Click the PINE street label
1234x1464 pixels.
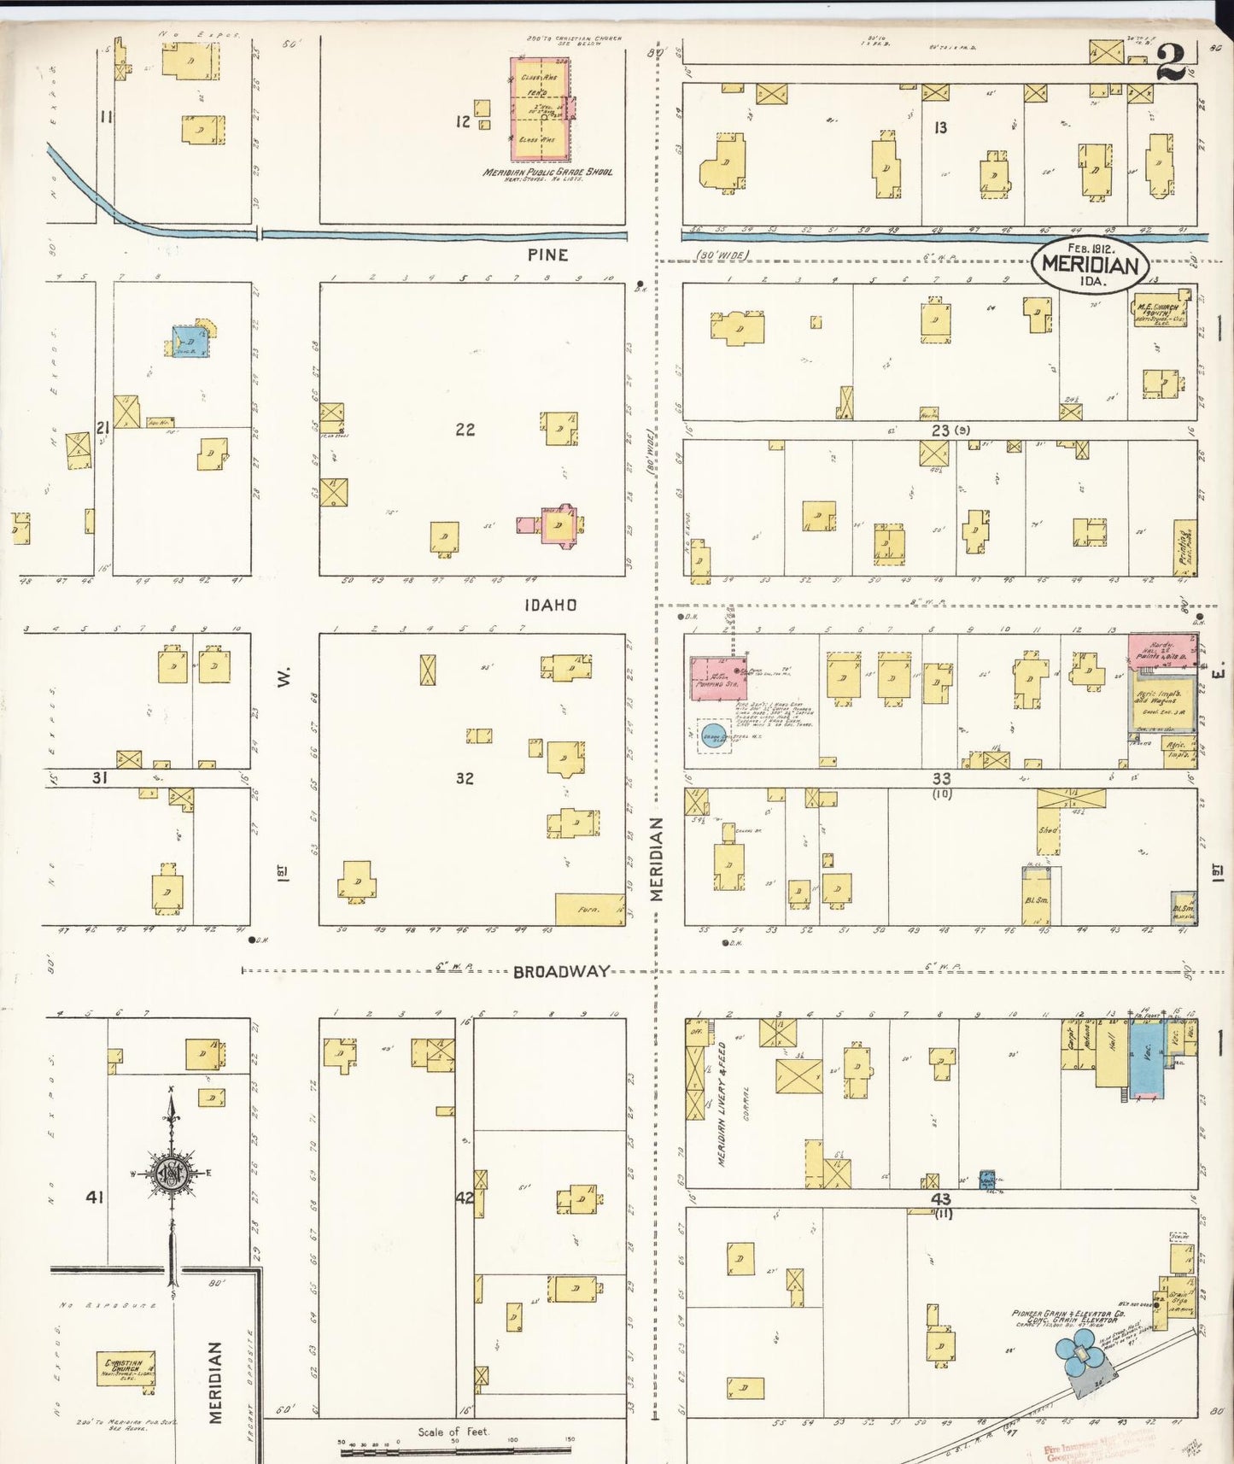click(x=547, y=255)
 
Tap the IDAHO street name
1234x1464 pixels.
click(x=551, y=605)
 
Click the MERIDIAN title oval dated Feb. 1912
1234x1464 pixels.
click(x=1090, y=264)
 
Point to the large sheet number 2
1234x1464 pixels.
click(x=1173, y=61)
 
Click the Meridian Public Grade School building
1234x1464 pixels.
click(x=541, y=108)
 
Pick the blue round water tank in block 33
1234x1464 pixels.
click(x=713, y=735)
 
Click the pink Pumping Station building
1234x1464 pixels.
click(x=718, y=679)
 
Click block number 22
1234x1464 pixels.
click(x=465, y=430)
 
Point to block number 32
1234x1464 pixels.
click(x=465, y=778)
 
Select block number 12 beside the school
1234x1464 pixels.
click(x=462, y=122)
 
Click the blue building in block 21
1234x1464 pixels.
click(x=190, y=342)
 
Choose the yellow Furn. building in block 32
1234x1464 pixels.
click(x=590, y=909)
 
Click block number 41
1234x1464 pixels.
click(x=94, y=1198)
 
